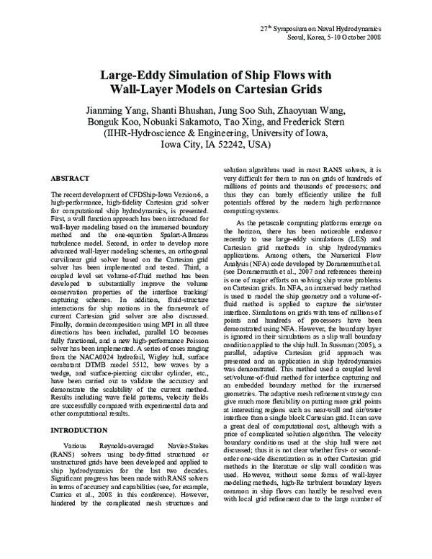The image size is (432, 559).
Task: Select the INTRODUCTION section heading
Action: click(79, 430)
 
